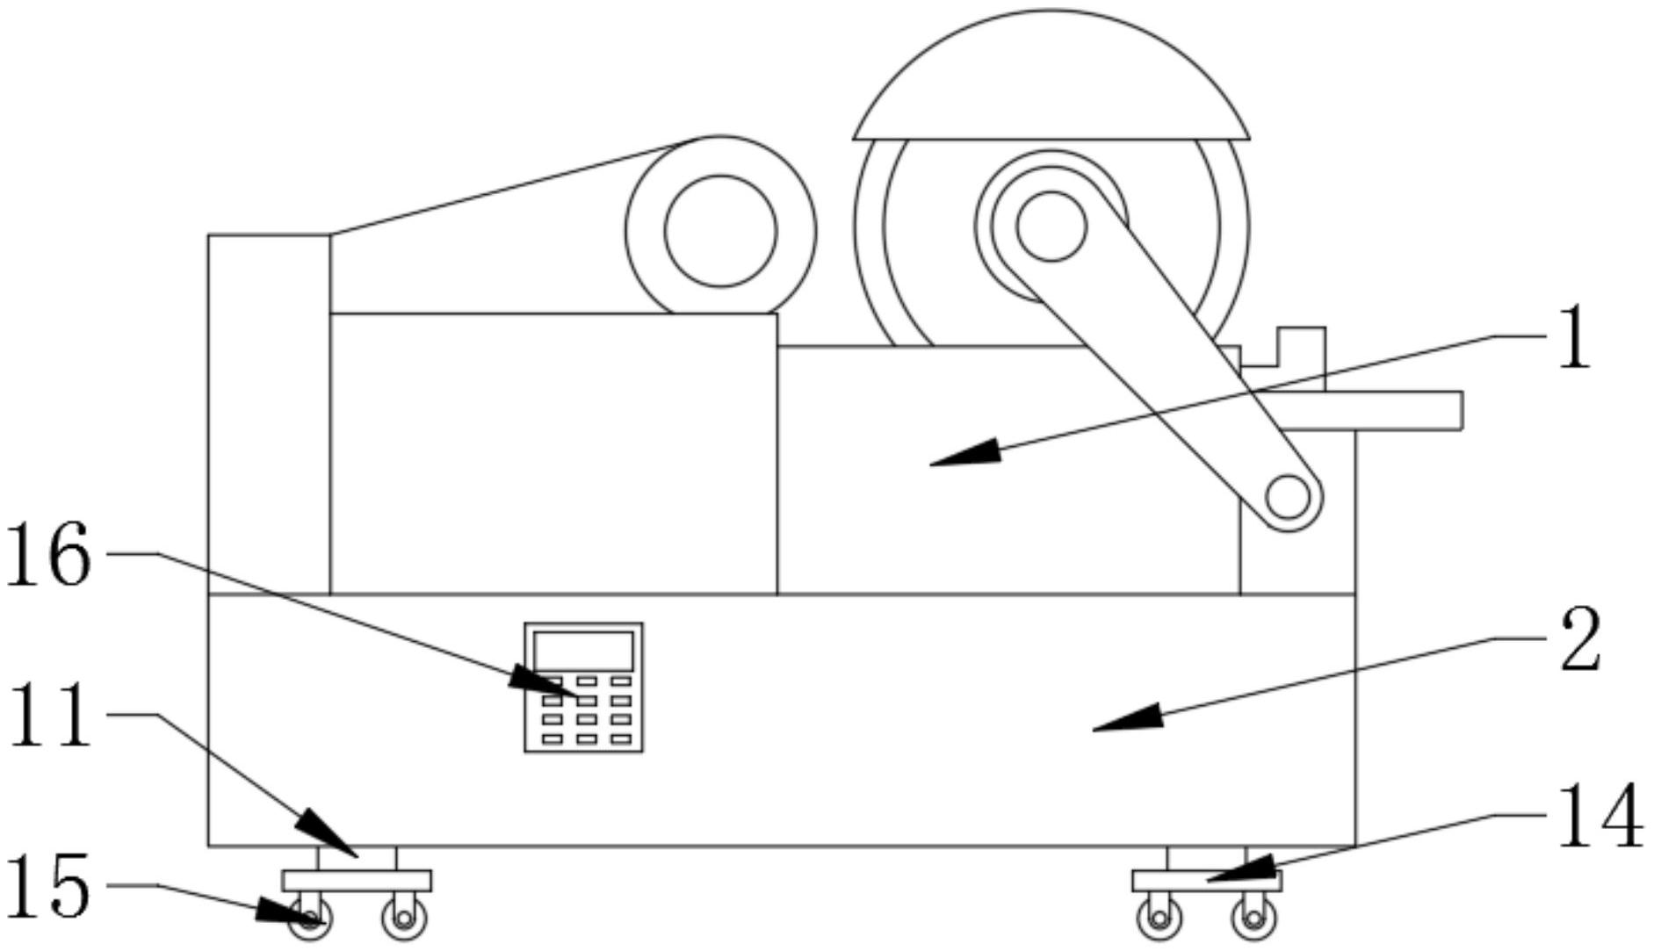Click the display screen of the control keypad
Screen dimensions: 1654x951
pos(583,651)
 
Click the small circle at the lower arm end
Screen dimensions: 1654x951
pos(1288,497)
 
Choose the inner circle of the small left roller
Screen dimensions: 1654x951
pos(720,231)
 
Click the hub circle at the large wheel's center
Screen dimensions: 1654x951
pos(1051,226)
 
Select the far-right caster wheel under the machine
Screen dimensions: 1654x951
pos(1253,919)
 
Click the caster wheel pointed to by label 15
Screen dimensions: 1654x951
pos(309,919)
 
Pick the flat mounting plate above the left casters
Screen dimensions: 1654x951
pos(357,881)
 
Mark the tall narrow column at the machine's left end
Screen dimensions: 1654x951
pos(270,414)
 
